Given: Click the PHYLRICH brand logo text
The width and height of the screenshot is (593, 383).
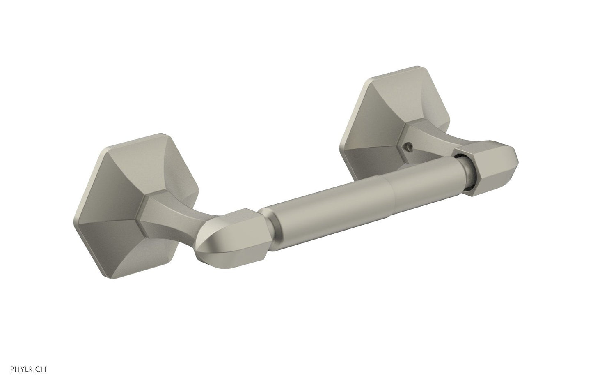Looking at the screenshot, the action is pos(29,369).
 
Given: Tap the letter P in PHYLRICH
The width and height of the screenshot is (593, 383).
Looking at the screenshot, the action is pos(12,369).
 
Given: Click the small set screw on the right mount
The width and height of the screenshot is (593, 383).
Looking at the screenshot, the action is pos(410,145).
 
